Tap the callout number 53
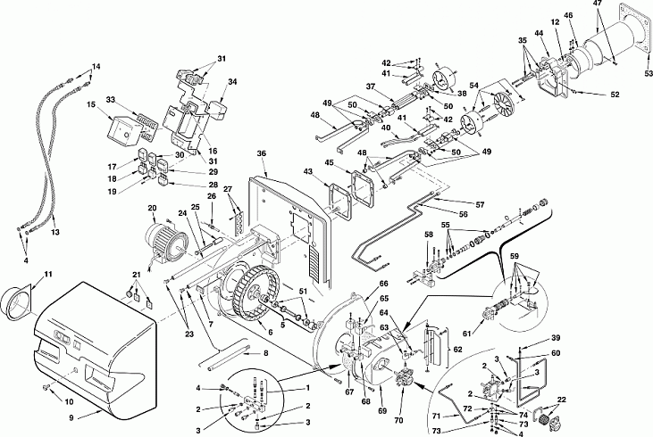point(648,74)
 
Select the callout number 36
point(261,153)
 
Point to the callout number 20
point(152,209)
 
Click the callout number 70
point(398,420)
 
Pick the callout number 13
point(55,232)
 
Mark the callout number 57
point(481,204)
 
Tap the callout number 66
point(383,284)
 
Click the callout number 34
point(232,81)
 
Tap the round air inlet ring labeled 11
point(17,302)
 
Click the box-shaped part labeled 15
point(123,131)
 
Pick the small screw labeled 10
point(46,388)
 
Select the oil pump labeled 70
point(404,375)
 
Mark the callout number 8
point(265,353)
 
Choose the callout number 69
point(382,411)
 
